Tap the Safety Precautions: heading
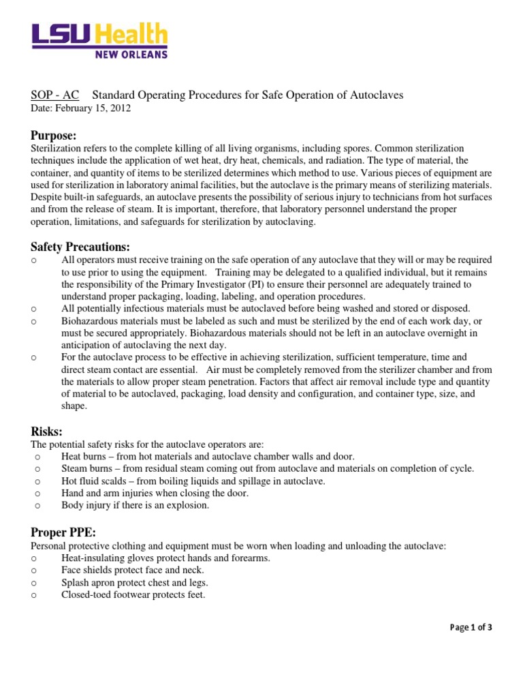pyautogui.click(x=80, y=246)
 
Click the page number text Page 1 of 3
pyautogui.click(x=471, y=628)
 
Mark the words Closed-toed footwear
pyautogui.click(x=105, y=594)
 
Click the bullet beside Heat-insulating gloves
pyautogui.click(x=34, y=558)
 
